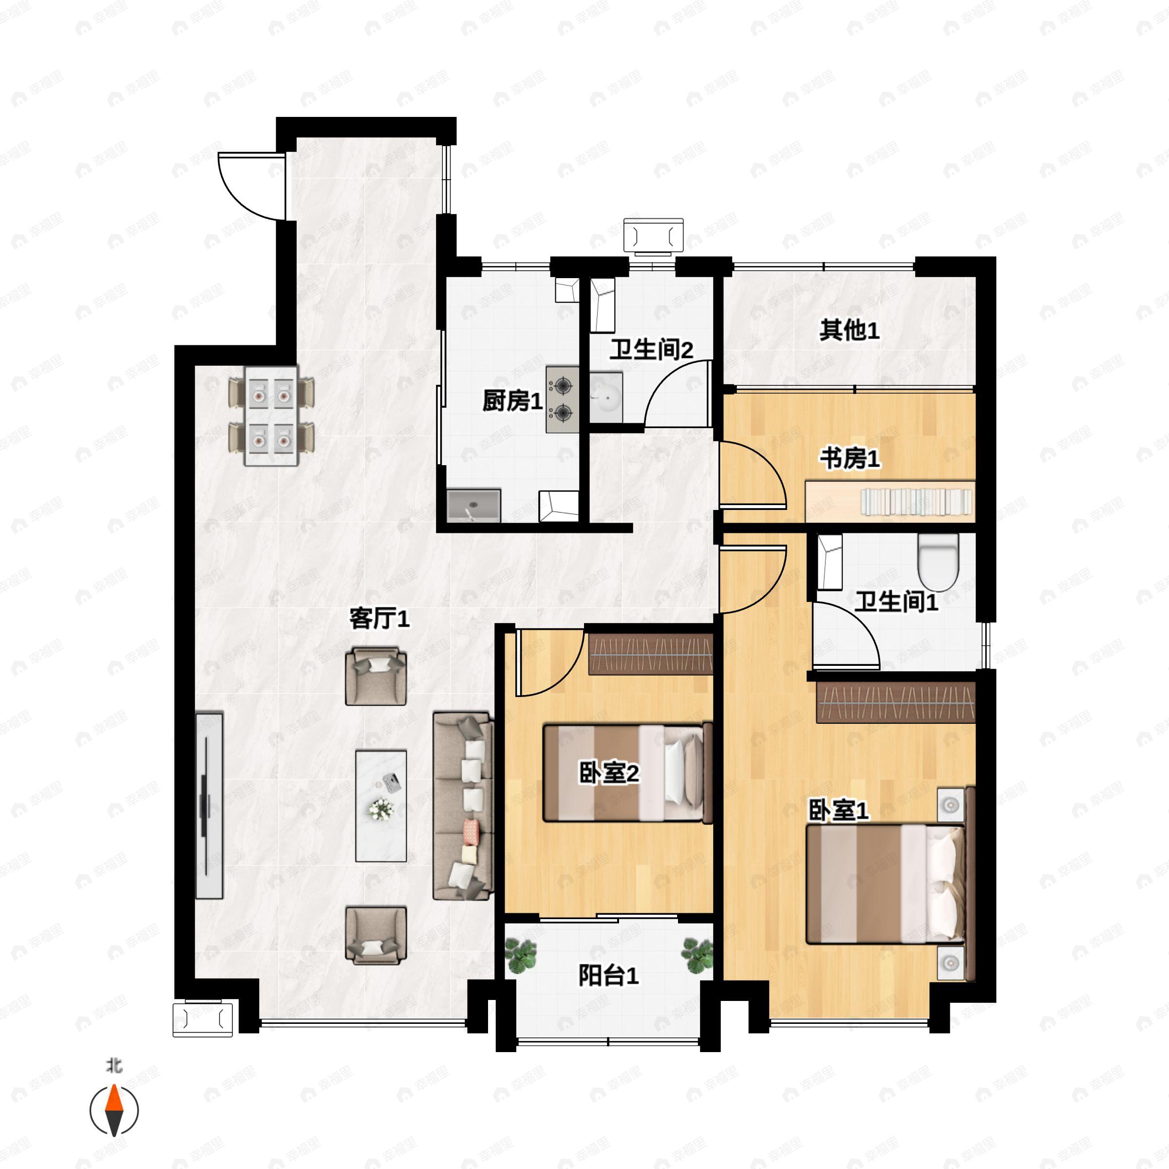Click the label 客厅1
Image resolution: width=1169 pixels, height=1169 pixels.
click(379, 619)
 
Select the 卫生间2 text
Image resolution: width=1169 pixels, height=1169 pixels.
click(651, 350)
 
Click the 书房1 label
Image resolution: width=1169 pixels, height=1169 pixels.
click(849, 459)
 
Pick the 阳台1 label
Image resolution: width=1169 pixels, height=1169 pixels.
click(608, 975)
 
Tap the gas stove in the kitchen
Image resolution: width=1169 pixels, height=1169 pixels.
click(562, 399)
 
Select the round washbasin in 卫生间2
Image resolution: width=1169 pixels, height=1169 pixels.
click(605, 397)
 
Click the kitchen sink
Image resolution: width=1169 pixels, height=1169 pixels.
click(474, 505)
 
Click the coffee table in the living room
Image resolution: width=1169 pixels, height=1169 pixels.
click(380, 806)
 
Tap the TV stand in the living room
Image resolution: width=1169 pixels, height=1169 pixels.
click(209, 805)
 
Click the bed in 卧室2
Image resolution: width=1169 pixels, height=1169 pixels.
click(627, 772)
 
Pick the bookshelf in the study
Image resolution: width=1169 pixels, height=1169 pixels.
click(890, 501)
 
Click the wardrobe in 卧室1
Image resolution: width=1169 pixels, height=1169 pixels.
click(896, 702)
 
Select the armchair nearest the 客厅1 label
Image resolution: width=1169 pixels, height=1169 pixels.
click(376, 677)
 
